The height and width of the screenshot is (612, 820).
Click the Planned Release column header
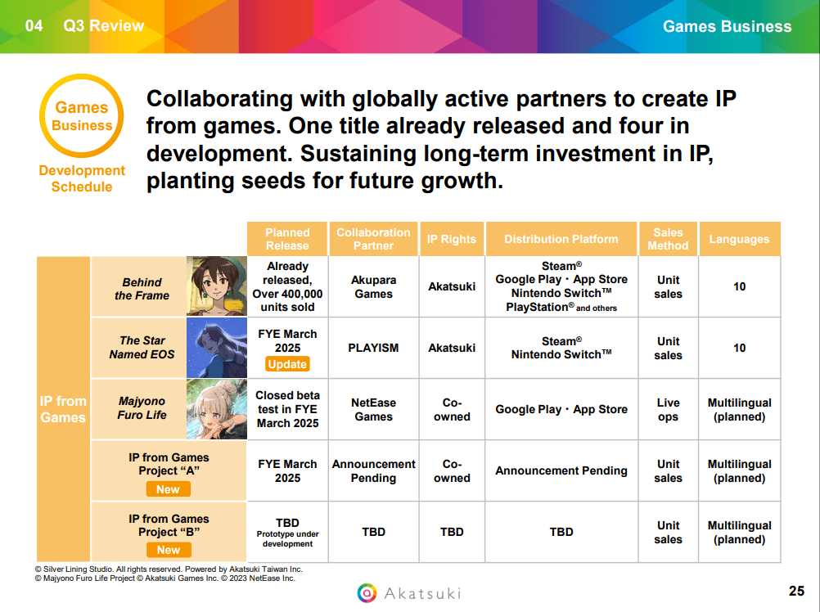click(287, 239)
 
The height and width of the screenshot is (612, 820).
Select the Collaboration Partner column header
click(373, 239)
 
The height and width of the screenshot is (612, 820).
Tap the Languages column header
click(739, 239)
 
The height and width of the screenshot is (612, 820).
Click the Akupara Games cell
click(373, 287)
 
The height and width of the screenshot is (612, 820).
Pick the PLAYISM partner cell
click(373, 348)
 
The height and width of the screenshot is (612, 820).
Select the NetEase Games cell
click(373, 409)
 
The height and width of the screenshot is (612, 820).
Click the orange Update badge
click(287, 364)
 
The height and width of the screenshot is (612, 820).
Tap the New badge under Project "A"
click(168, 489)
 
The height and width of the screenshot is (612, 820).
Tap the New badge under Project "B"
click(168, 550)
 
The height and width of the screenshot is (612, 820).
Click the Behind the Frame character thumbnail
click(216, 286)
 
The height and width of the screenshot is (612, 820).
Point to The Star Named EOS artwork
click(216, 348)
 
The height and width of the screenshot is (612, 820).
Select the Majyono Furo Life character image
click(216, 409)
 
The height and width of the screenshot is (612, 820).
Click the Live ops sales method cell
click(668, 409)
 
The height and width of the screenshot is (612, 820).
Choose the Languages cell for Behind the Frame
click(739, 287)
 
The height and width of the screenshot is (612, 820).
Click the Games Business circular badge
click(82, 116)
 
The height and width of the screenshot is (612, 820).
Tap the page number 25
click(796, 591)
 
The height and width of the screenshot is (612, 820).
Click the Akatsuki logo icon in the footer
click(367, 593)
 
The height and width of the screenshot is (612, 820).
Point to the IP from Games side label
click(63, 409)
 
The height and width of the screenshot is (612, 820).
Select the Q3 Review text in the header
click(103, 25)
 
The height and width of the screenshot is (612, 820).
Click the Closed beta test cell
click(287, 409)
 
